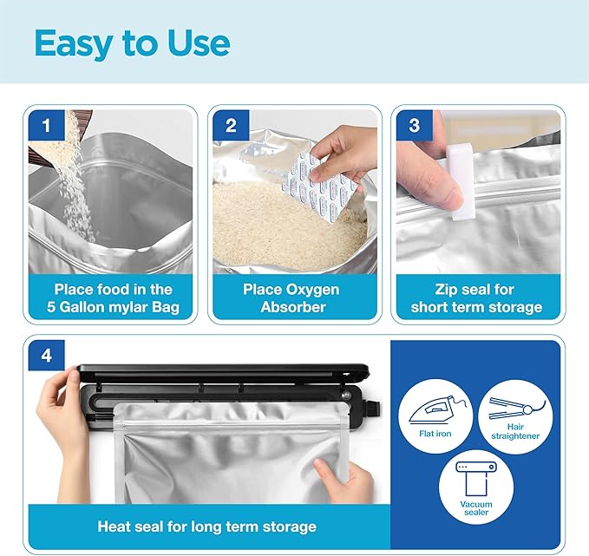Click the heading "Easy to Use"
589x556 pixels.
coord(132,43)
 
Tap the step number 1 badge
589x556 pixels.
coord(46,126)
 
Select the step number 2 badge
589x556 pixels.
coord(231,126)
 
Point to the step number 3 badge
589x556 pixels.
coord(415,126)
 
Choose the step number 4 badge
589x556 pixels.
coord(46,356)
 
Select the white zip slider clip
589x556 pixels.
coord(460,183)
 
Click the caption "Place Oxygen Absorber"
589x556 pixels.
coord(291,298)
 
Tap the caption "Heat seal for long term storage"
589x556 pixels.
coord(207,527)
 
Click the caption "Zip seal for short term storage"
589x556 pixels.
coord(476,298)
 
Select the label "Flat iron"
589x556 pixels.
coord(435,434)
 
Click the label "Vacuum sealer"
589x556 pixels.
coord(476,508)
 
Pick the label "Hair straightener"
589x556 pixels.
coord(515,431)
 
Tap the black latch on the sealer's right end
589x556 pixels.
coord(373,409)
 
